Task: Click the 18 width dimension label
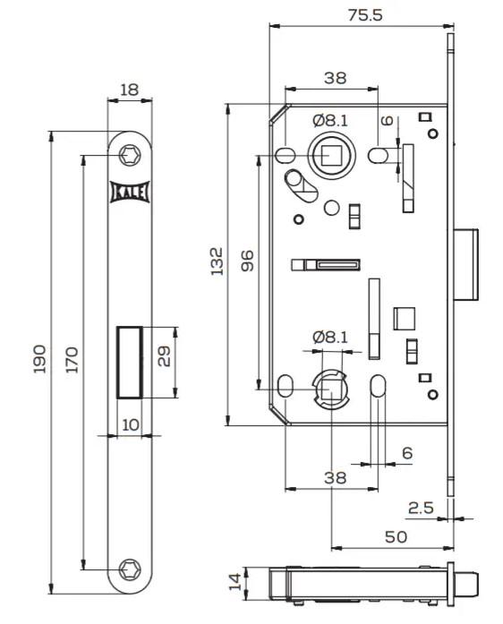coord(130,90)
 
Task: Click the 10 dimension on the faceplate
coord(131,424)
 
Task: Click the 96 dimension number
coord(248,261)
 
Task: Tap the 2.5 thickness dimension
coord(421,508)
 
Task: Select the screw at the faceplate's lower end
coord(131,568)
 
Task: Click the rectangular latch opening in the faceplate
coord(131,362)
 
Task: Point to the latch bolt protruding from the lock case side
coord(466,264)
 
